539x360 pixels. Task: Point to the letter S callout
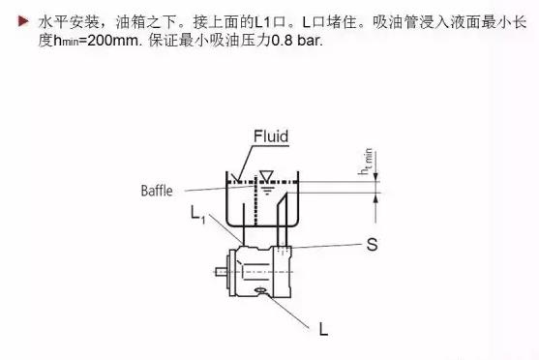click(371, 246)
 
